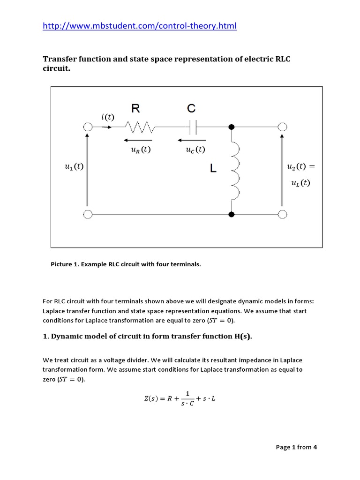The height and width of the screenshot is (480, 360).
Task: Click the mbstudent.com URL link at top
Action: click(x=140, y=26)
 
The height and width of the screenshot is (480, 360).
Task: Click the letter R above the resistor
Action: click(x=135, y=109)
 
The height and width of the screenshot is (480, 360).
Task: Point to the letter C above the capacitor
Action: click(x=191, y=109)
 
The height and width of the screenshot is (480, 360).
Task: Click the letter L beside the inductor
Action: click(x=213, y=169)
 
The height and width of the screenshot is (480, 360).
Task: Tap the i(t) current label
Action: click(x=107, y=117)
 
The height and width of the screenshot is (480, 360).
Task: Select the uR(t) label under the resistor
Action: click(x=140, y=150)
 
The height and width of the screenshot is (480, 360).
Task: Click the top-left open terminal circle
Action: click(x=87, y=127)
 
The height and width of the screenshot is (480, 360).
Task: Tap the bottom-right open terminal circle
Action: click(x=282, y=214)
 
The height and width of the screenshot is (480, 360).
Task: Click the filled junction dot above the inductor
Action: click(x=231, y=127)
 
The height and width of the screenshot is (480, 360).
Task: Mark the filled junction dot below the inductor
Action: click(x=231, y=214)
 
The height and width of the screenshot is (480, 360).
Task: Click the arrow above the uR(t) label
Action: click(x=138, y=140)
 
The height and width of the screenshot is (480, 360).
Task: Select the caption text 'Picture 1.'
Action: click(x=65, y=264)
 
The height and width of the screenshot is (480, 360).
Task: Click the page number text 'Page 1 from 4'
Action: click(x=296, y=447)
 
